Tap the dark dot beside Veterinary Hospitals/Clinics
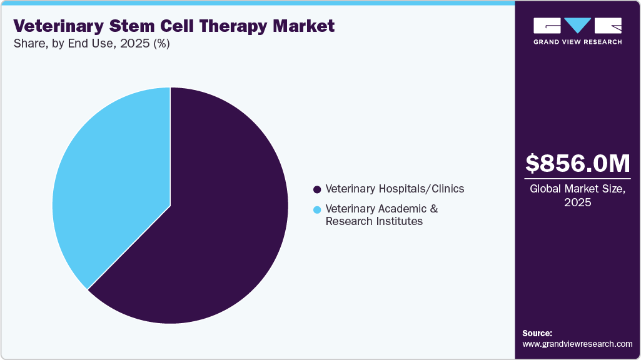pyautogui.click(x=317, y=189)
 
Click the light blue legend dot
pyautogui.click(x=317, y=209)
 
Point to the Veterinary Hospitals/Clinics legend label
pyautogui.click(x=395, y=189)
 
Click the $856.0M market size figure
pyautogui.click(x=577, y=163)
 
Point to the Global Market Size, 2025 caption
pyautogui.click(x=577, y=196)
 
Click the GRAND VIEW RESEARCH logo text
pyautogui.click(x=577, y=42)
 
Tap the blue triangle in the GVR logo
pyautogui.click(x=577, y=26)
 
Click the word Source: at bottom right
pyautogui.click(x=537, y=333)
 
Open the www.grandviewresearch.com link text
pyautogui.click(x=577, y=344)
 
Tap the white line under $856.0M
pyautogui.click(x=577, y=179)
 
